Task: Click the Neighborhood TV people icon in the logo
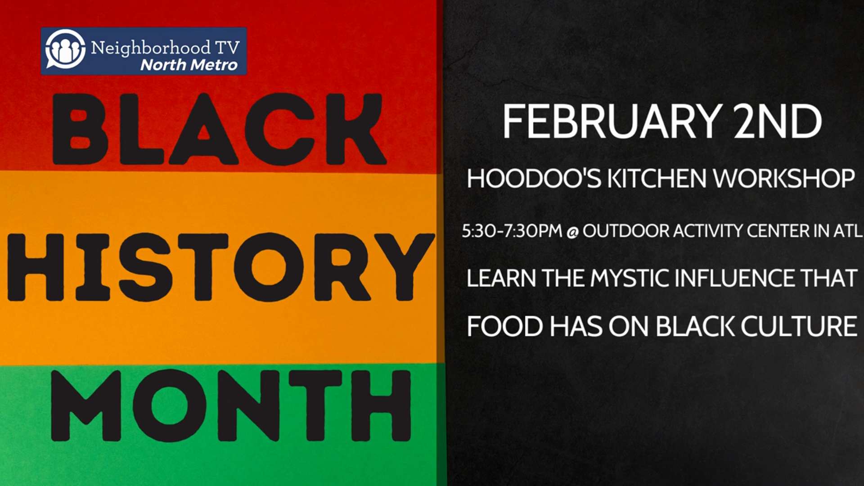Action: coord(65,49)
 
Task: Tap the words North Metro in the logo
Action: coord(189,65)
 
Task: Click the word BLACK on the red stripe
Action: coord(219,129)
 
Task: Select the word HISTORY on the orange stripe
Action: coord(220,267)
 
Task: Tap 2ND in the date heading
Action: coord(777,121)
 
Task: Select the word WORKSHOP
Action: coord(784,178)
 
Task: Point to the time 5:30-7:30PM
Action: coord(512,231)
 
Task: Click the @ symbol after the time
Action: coord(572,232)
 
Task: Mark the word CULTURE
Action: coord(799,326)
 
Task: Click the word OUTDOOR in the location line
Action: coord(626,231)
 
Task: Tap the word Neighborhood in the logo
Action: coord(150,47)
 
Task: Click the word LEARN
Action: coord(501,278)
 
